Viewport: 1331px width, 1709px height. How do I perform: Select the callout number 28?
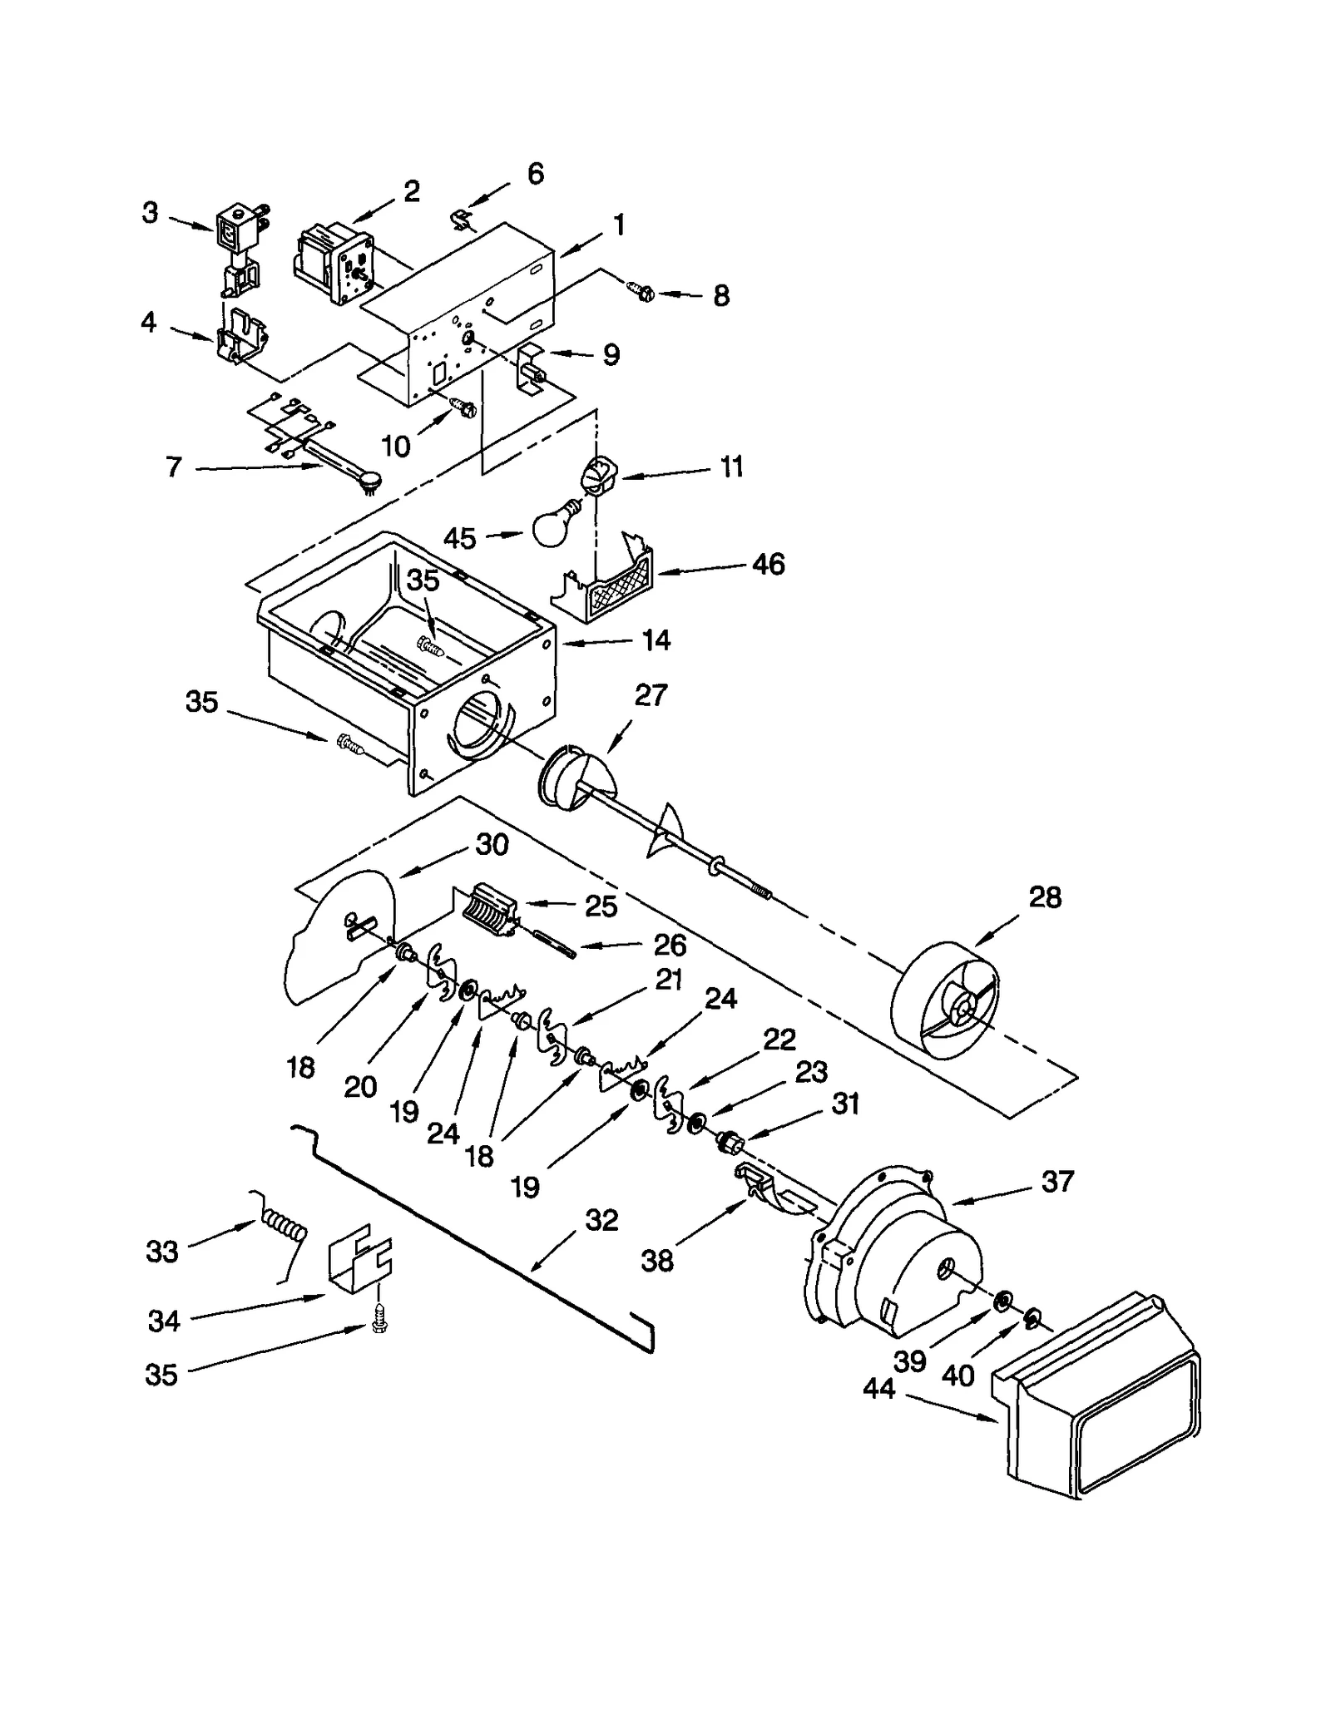1045,897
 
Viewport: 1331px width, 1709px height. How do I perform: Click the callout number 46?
768,564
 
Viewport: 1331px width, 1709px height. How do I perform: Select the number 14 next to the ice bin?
656,640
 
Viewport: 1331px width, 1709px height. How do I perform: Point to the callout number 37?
1057,1181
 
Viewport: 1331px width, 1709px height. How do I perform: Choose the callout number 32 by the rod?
601,1220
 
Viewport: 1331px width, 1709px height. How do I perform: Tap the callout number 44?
878,1388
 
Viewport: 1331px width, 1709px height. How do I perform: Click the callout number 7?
173,467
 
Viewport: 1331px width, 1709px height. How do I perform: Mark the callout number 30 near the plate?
492,844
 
